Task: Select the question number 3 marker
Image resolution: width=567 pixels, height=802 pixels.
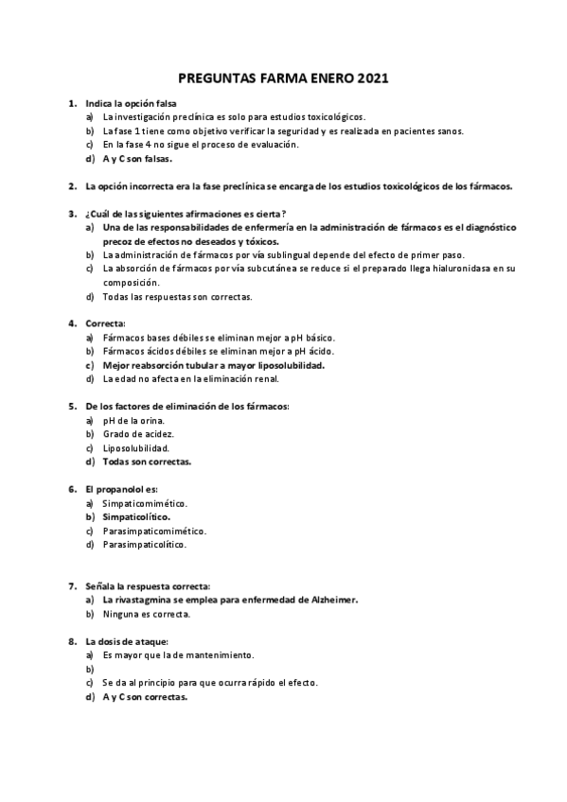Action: click(x=72, y=214)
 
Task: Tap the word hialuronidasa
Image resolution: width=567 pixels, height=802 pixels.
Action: click(x=454, y=269)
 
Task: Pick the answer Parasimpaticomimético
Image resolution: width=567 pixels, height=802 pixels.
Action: click(x=154, y=531)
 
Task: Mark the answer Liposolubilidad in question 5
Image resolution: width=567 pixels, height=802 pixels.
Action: click(x=136, y=447)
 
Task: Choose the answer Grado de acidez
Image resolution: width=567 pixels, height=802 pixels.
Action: click(x=138, y=433)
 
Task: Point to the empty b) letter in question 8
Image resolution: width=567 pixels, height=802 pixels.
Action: click(x=89, y=669)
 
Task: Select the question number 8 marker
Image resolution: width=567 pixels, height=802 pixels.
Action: click(x=72, y=641)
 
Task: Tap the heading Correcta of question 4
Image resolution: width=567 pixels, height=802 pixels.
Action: click(x=105, y=323)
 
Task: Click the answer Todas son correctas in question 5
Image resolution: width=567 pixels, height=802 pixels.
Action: click(x=147, y=462)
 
